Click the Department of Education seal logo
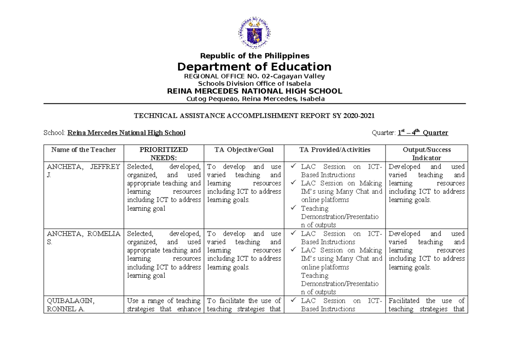[255, 34]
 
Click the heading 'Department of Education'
[255, 67]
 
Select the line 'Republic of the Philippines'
[255, 56]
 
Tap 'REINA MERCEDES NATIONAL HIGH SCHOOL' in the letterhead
[255, 91]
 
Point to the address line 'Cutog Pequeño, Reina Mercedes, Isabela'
[255, 99]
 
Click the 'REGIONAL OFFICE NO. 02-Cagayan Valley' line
[255, 76]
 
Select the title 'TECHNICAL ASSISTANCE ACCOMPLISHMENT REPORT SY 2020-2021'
[255, 115]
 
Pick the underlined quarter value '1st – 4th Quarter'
[422, 133]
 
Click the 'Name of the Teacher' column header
[84, 150]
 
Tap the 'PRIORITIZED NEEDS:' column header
[163, 153]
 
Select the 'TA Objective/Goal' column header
[244, 150]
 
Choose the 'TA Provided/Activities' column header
[335, 150]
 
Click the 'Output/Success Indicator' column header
[426, 153]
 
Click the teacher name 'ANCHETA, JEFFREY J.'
[84, 170]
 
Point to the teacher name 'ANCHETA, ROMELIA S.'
[84, 237]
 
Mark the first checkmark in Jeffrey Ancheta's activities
[294, 167]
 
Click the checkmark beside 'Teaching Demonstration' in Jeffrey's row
[294, 208]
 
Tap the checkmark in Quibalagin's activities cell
[294, 301]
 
